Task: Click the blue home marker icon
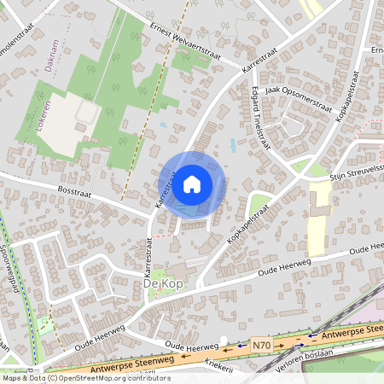192,183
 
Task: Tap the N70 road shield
261,345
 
